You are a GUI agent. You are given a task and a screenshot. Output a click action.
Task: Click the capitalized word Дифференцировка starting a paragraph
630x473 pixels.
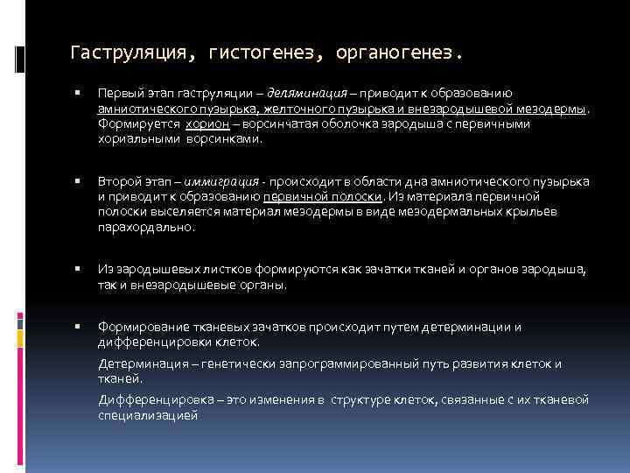coord(151,400)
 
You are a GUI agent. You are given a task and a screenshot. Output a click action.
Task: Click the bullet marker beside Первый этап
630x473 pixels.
coord(78,93)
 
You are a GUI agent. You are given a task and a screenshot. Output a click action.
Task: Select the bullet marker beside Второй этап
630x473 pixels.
coord(78,182)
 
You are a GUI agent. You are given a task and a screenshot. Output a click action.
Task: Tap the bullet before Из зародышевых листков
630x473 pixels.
coord(78,270)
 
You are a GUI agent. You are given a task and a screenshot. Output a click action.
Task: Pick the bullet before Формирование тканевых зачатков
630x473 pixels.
coord(78,328)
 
